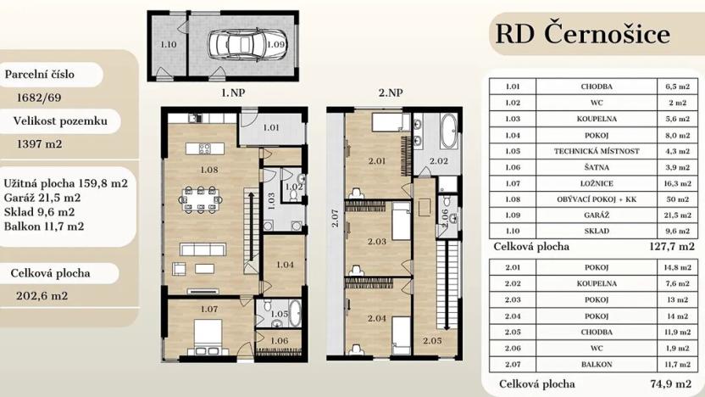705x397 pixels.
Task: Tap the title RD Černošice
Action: [x=581, y=33]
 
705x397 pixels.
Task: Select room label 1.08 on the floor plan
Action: [x=209, y=170]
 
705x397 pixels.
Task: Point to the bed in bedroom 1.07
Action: [x=207, y=334]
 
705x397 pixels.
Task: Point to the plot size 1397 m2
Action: [x=40, y=144]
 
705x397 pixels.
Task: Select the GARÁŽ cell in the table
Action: [x=598, y=215]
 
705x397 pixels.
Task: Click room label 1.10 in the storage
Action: [x=169, y=43]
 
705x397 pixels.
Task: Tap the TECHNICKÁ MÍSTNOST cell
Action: [x=598, y=151]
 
